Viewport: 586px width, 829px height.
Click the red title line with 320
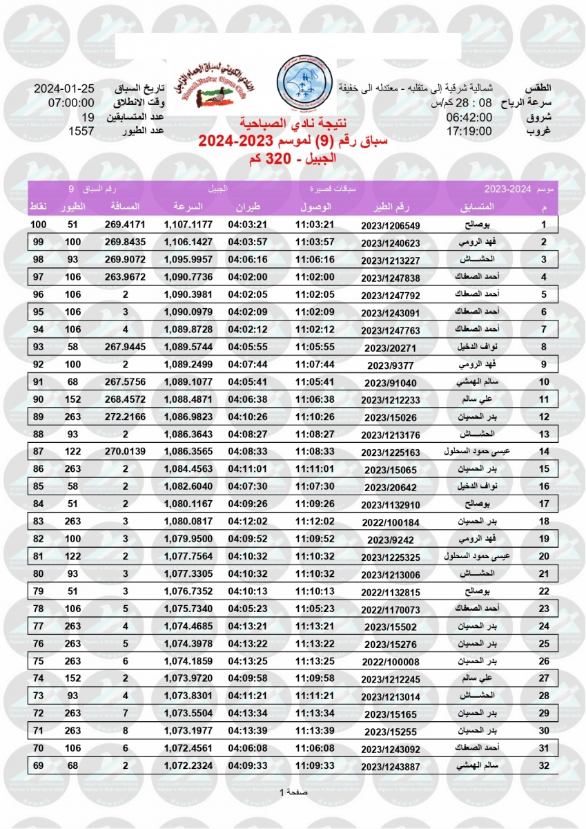pos(293,159)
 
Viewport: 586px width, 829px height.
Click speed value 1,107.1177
pos(188,225)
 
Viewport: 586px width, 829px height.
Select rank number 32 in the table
pos(543,765)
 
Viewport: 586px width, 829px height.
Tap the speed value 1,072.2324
pos(188,765)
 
